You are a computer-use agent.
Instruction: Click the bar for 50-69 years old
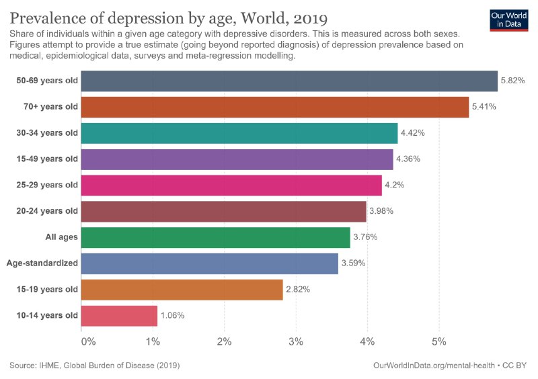(x=289, y=81)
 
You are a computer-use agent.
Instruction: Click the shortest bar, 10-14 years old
(x=119, y=316)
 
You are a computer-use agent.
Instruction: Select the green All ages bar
(x=215, y=237)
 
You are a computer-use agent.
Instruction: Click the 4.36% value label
(x=408, y=159)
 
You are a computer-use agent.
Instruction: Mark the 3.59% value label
(x=353, y=263)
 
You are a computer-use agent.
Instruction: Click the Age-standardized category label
(x=42, y=263)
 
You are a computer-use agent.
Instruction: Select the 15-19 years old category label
(x=47, y=290)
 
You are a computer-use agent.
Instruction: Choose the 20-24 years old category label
(x=47, y=211)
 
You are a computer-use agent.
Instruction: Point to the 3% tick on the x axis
(x=296, y=342)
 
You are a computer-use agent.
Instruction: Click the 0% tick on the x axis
(x=88, y=342)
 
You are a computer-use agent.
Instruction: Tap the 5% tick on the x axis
(x=439, y=342)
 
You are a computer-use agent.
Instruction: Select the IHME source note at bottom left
(x=94, y=366)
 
